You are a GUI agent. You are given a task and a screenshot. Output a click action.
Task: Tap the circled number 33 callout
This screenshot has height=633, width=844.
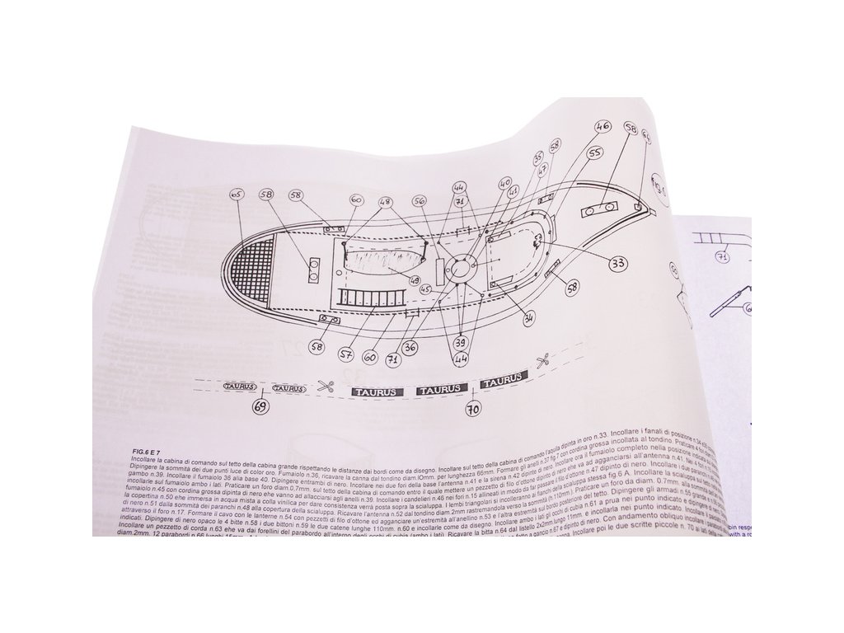pos(618,264)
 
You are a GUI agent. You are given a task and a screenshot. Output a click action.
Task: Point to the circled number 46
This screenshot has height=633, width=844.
pos(602,127)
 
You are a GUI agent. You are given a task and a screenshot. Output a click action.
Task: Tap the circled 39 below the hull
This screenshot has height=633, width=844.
pos(462,342)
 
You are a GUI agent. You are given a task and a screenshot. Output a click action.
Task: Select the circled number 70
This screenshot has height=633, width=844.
pos(473,406)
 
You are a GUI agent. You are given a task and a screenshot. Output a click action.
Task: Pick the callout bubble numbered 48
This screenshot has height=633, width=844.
pos(385,201)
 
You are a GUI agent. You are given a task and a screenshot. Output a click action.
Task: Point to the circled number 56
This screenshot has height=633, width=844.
pos(420,200)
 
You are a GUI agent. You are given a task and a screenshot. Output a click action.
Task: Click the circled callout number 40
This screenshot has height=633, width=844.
pos(505,182)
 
